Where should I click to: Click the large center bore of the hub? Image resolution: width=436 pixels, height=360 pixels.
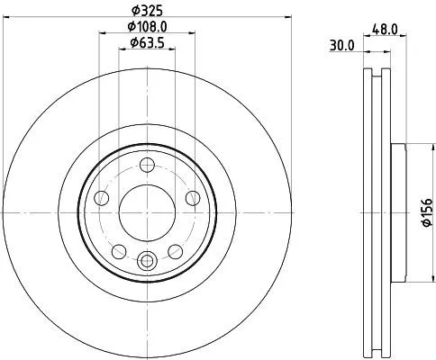pos(147,209)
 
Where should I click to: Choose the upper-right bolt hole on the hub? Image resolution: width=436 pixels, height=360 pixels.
pos(193,198)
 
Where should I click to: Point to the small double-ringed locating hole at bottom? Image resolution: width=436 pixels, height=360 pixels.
pos(147,261)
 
